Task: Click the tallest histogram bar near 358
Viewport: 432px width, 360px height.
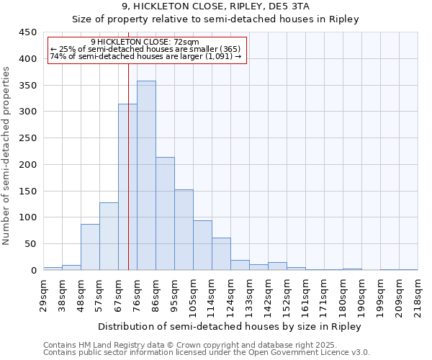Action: tap(146, 176)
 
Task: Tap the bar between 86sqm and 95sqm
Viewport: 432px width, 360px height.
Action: tap(165, 214)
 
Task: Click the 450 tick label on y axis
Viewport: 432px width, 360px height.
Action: tap(28, 33)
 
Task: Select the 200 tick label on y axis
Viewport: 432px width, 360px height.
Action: tap(28, 165)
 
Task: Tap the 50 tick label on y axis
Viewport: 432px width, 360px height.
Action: tap(31, 244)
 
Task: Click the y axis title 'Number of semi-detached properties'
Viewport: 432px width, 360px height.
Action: tap(7, 156)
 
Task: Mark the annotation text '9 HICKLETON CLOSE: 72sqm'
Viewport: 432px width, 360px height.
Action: tap(145, 42)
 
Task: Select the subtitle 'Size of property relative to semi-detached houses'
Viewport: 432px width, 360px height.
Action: tap(215, 19)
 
